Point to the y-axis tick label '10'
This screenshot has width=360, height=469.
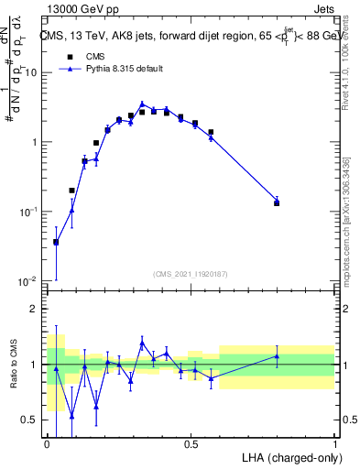[32, 72]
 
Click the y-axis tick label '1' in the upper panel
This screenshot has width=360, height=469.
[35, 142]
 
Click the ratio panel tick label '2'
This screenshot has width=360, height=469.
[35, 309]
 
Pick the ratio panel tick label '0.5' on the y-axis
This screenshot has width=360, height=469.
[29, 420]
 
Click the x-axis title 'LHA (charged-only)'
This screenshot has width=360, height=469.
[292, 457]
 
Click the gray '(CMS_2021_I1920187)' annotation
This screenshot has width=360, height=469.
[191, 273]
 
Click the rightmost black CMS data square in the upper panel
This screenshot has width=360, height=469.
[277, 202]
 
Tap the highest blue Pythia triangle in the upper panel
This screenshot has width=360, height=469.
[142, 104]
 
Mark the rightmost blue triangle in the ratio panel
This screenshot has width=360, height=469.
[277, 356]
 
